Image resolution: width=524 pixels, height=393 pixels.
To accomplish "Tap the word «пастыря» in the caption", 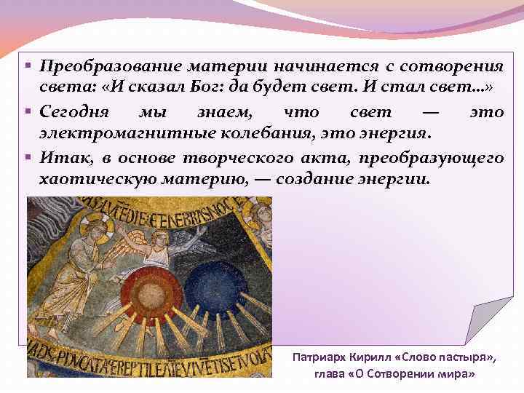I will (469, 357).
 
